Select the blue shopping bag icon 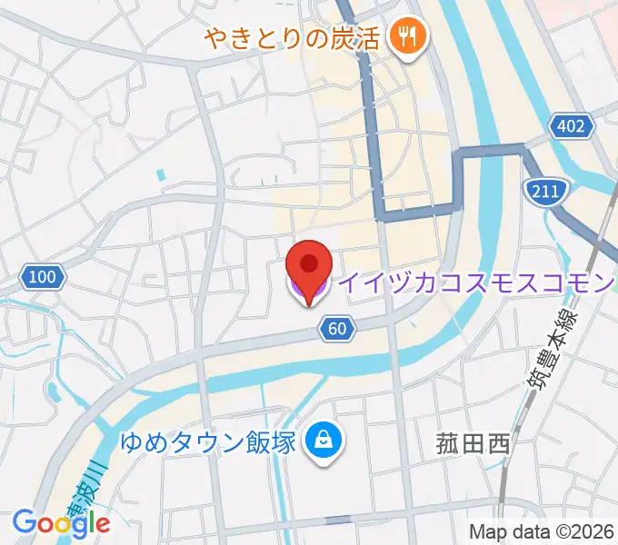323,442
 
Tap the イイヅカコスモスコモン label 476,283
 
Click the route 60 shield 337,329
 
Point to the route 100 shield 43,276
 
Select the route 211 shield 546,189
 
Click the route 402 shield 572,125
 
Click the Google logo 61,522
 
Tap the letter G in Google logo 23,522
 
